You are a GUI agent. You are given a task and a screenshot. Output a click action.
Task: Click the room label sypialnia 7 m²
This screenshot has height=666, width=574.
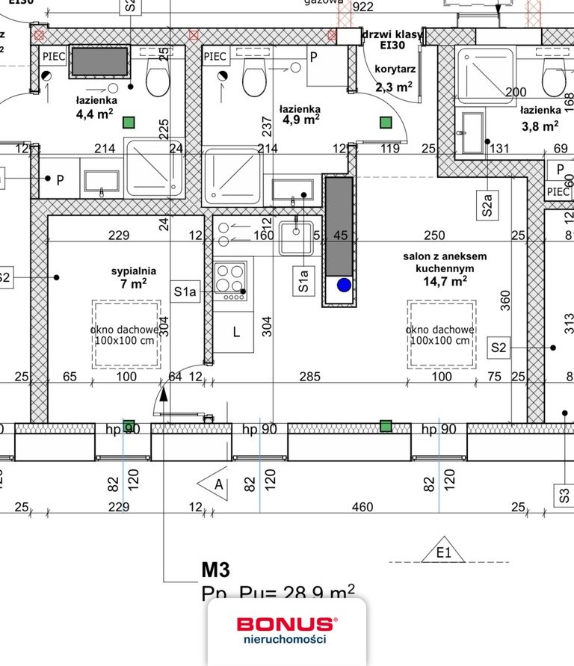click(x=129, y=277)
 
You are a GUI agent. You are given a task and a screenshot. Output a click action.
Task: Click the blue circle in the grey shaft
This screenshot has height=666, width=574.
click(x=344, y=285)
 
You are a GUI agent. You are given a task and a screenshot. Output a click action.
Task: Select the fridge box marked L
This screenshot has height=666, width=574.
click(x=235, y=332)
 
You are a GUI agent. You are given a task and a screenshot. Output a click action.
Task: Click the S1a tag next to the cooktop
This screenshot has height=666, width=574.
click(x=185, y=292)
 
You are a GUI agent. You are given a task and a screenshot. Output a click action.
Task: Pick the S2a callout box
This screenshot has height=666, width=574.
click(x=487, y=203)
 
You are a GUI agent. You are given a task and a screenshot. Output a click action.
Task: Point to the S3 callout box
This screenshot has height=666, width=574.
click(x=563, y=493)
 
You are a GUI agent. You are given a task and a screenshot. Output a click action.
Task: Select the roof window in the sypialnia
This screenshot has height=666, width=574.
click(x=126, y=333)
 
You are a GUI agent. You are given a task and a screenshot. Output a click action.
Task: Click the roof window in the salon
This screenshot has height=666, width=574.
click(x=442, y=333)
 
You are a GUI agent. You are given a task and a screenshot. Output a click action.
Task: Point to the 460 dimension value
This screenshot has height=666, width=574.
click(x=362, y=508)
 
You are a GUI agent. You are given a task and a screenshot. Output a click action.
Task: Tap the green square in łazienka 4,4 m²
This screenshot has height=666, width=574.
click(x=129, y=122)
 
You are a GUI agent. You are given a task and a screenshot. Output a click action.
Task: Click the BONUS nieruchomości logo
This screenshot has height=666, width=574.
click(x=286, y=629)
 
